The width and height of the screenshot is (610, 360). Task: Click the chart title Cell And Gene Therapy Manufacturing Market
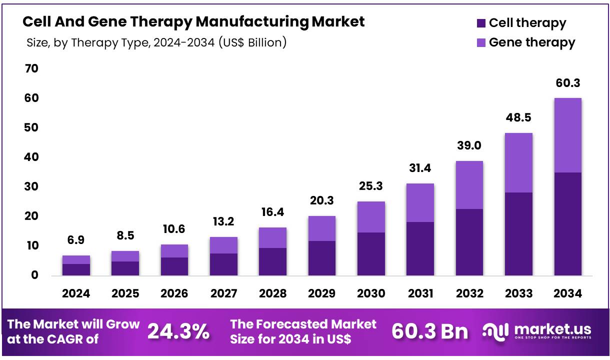[193, 22]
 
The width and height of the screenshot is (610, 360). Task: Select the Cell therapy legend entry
[521, 23]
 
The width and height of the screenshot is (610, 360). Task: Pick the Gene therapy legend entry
[526, 42]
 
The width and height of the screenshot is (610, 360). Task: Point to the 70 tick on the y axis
[31, 68]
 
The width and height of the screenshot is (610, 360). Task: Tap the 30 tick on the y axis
[31, 186]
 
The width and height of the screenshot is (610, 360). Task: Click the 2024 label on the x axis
[76, 293]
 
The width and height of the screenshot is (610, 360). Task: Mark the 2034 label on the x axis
[568, 293]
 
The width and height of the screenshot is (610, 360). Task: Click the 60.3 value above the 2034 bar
[568, 83]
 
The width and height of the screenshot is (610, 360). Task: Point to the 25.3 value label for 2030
[371, 186]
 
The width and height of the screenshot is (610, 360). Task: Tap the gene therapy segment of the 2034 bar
[568, 135]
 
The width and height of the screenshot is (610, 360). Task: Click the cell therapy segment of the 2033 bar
[518, 233]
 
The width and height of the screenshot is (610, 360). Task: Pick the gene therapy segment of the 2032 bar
[469, 184]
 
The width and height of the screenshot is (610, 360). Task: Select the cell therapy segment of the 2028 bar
[273, 261]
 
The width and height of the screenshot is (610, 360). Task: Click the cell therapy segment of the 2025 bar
[125, 268]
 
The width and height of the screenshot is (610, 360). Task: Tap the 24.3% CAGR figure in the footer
[178, 331]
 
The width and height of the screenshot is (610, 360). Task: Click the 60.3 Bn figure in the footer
[430, 331]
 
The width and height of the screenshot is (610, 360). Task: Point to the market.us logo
[538, 331]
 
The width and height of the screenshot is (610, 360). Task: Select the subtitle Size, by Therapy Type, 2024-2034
[156, 42]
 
